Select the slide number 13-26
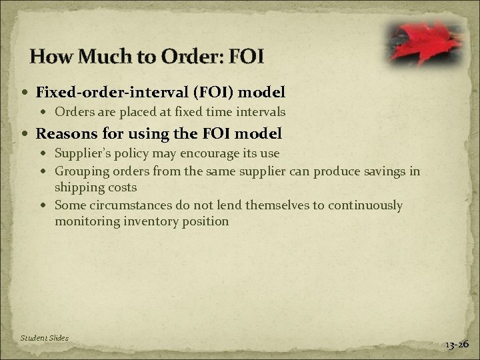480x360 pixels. pyautogui.click(x=457, y=344)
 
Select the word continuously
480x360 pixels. pyautogui.click(x=363, y=205)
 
